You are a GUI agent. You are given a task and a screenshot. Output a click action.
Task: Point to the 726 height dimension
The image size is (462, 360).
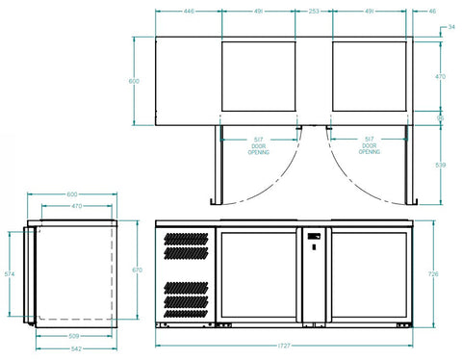(x=433, y=274)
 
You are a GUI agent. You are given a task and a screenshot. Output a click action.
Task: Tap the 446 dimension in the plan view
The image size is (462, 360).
(x=189, y=13)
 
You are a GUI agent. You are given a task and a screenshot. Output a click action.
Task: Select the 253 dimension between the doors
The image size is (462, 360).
(x=314, y=13)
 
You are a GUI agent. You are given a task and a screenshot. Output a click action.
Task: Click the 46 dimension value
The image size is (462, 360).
(x=432, y=13)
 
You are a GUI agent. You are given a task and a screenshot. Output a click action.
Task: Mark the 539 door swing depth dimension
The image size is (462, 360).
(x=442, y=166)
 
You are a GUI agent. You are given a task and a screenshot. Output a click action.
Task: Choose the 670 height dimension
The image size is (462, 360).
(x=137, y=270)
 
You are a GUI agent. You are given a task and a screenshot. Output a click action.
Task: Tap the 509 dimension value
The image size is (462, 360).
(x=75, y=335)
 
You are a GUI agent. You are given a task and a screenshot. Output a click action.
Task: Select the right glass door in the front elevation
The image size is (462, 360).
(x=367, y=274)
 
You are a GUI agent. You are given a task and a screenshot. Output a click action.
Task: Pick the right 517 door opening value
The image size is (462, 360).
(x=370, y=140)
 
